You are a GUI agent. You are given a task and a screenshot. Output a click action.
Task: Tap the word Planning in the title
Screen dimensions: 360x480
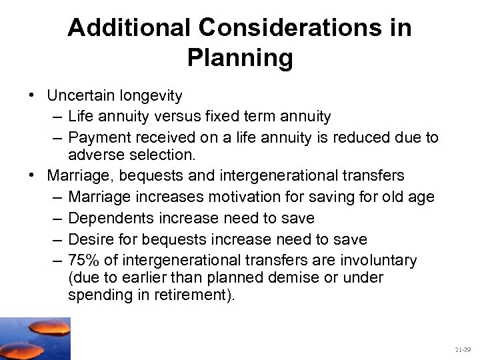pos(240,58)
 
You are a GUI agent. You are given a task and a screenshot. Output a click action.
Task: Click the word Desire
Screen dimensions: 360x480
pos(90,239)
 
